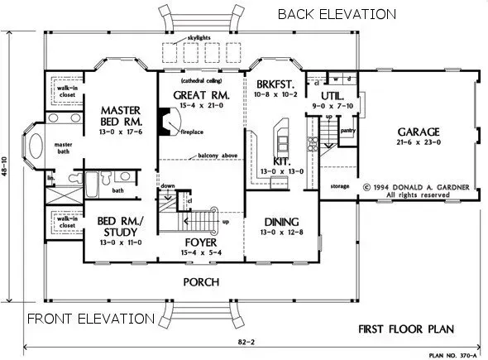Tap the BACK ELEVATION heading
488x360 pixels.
click(x=336, y=15)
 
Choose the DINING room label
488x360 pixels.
click(x=281, y=221)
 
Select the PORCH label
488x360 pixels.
click(x=201, y=282)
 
